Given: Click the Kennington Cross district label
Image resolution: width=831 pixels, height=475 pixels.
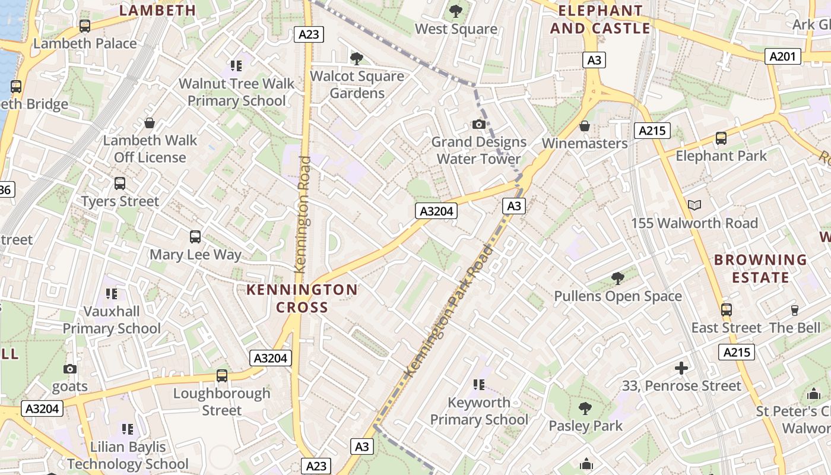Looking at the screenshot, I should (302, 298).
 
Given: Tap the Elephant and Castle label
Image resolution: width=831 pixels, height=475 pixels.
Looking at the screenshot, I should (600, 20).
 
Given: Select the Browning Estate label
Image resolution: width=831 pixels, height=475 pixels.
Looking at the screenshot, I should (760, 268).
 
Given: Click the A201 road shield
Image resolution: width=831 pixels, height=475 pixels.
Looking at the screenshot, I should (782, 56).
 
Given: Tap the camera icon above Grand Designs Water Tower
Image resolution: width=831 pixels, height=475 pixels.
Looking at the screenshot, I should (479, 124).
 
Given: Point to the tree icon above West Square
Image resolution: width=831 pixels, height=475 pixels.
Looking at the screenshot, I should (456, 11).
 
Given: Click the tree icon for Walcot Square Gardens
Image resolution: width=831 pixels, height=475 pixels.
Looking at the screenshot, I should (357, 58).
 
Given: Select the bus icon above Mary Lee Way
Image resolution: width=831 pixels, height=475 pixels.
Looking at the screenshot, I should (195, 237).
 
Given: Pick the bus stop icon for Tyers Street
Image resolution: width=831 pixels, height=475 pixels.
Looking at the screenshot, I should (120, 183).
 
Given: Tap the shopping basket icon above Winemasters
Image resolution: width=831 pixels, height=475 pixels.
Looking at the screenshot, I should (585, 126).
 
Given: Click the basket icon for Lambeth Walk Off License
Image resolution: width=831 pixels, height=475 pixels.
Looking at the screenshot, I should (150, 123).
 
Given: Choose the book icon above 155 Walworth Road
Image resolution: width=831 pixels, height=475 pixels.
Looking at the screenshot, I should (694, 205).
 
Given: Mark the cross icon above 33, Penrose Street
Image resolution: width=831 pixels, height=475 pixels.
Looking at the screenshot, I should (681, 368).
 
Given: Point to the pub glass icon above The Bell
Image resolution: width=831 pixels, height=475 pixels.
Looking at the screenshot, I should (795, 310).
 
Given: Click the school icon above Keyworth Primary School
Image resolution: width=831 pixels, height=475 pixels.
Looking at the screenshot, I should (479, 385).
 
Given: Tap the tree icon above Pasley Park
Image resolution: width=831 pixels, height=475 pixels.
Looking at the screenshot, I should (585, 408).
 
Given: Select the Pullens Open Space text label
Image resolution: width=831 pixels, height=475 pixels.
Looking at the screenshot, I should (618, 296).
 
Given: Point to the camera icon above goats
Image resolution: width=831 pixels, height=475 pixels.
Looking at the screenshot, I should (70, 369).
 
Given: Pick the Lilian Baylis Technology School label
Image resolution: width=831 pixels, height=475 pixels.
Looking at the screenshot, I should (128, 455).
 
